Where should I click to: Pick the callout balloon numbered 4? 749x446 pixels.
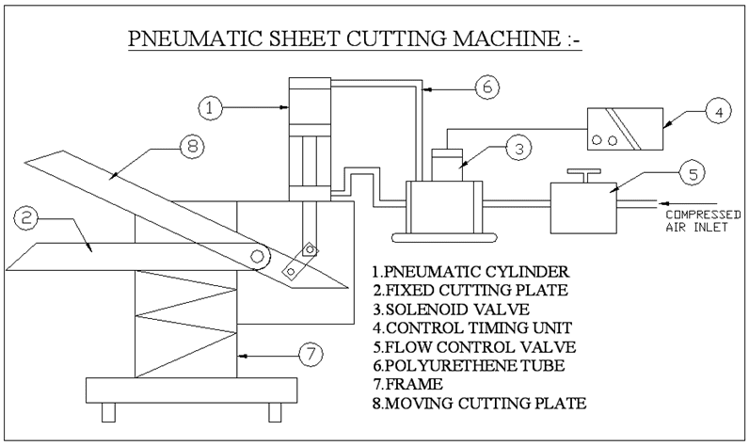[x=718, y=112]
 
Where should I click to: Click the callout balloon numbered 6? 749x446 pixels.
[x=484, y=87]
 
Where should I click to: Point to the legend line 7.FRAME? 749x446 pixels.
[x=408, y=384]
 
